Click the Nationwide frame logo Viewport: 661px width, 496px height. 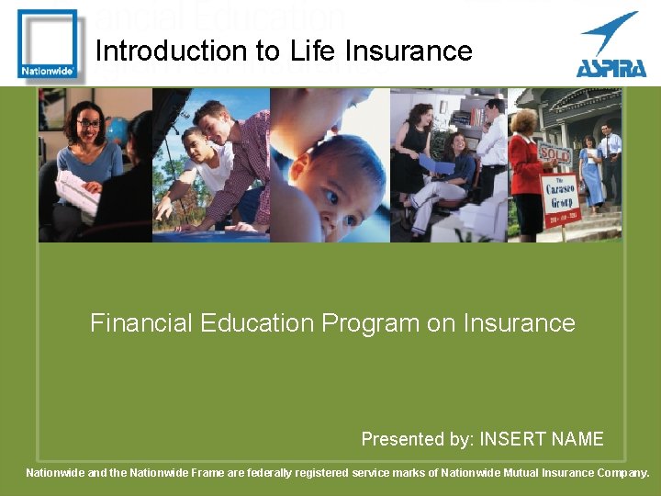[x=47, y=43]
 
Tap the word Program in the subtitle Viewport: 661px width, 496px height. [x=370, y=323]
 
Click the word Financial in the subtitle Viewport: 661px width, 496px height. [x=140, y=323]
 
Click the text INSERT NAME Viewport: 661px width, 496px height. [x=542, y=439]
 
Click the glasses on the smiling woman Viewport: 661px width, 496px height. [x=88, y=124]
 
